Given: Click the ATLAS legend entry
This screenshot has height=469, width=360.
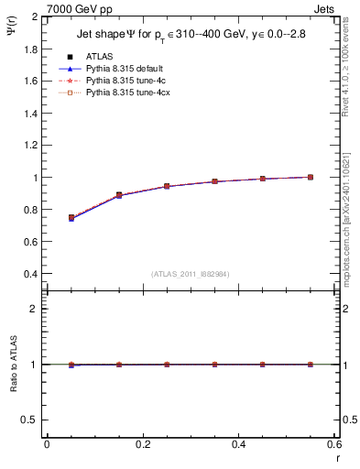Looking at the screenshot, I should [x=101, y=56].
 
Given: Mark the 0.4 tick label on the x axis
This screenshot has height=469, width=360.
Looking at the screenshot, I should [x=238, y=444].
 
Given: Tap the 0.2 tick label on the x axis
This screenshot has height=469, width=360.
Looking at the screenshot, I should [x=142, y=444].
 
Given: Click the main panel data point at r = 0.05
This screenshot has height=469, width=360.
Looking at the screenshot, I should [x=71, y=218].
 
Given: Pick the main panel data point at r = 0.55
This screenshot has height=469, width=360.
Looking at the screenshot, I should [x=311, y=177].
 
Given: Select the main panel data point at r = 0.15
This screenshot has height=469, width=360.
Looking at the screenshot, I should [x=119, y=195].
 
